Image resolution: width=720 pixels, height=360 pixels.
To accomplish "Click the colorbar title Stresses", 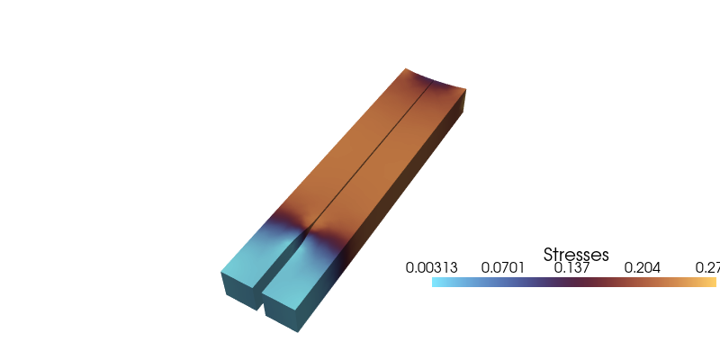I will pos(577,255).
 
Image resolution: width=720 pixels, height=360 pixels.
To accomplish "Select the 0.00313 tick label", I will pos(432,268).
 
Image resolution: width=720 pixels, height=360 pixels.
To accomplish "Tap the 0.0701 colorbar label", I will pos(503,268).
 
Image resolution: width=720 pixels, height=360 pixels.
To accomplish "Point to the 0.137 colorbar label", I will pos(573,268).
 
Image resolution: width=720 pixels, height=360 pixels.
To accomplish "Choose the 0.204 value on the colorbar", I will pos(643,268).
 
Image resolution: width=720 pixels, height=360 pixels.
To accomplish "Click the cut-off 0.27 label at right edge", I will pos(706,268).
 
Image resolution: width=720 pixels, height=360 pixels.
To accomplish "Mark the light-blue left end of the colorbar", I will pos(436,283).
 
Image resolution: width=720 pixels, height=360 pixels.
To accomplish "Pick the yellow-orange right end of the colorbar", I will pos(713,283).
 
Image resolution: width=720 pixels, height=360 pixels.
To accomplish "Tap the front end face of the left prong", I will pos(238,289).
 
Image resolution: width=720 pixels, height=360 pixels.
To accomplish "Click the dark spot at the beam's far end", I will pos(428,85).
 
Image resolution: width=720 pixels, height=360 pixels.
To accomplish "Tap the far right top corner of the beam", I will pos(467,88).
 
